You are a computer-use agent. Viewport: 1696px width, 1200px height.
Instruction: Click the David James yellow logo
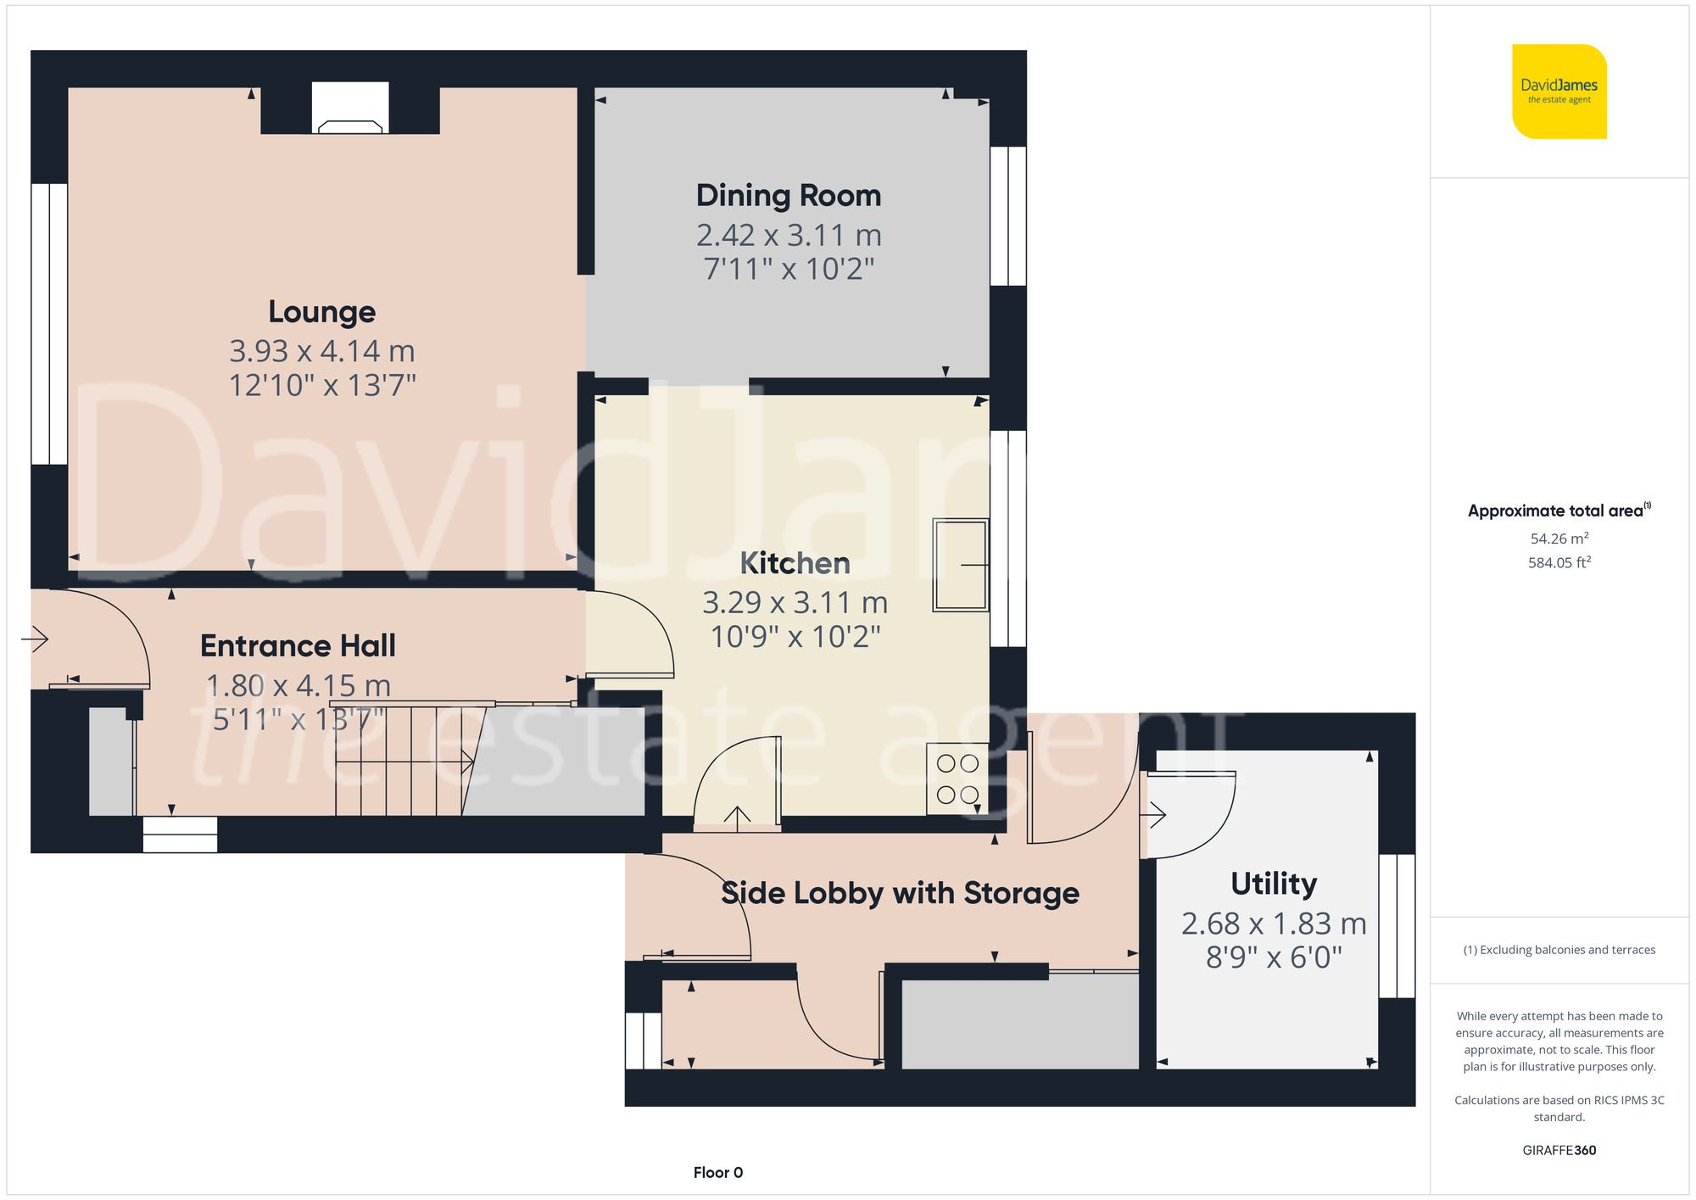pos(1559,92)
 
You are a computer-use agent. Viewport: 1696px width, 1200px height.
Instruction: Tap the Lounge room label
pos(321,312)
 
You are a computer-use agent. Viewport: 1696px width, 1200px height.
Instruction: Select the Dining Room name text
pos(788,196)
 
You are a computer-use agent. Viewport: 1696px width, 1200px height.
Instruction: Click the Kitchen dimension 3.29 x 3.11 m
pos(795,603)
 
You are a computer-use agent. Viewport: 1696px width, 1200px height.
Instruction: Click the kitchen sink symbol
pos(960,565)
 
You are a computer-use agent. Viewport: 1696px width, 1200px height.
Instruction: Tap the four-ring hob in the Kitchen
pos(957,779)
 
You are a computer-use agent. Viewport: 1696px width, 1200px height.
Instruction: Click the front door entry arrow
pos(35,639)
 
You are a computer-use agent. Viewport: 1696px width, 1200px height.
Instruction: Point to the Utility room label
pos(1273,884)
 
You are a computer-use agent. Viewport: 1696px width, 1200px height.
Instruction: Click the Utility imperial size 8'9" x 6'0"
pos(1273,957)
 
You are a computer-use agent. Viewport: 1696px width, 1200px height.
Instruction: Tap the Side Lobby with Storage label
pos(899,893)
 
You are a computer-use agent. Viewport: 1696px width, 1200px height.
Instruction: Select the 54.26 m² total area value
pos(1559,539)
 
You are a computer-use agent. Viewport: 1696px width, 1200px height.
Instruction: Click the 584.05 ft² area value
pos(1559,562)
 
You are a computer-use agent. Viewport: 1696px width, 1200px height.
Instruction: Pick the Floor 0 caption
pos(717,1172)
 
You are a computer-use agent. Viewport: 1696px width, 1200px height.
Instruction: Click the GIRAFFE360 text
pos(1559,1150)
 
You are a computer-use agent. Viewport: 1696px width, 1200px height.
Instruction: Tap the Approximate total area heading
pos(1557,511)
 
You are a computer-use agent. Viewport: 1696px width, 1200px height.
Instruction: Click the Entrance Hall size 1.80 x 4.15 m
pos(298,685)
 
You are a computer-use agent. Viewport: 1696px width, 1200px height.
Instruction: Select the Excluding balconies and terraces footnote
pos(1559,950)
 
